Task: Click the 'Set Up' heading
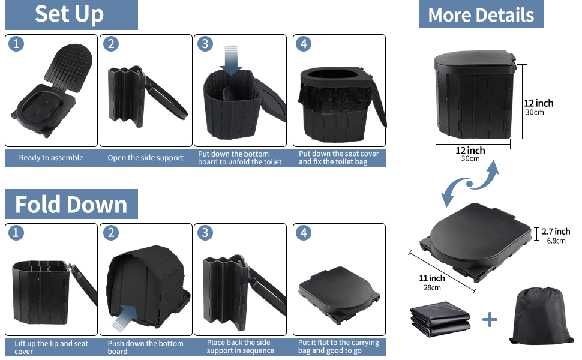point(69,14)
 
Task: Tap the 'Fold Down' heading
point(71,205)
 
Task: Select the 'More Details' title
point(481,15)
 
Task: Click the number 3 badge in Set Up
point(205,44)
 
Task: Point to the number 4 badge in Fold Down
point(304,233)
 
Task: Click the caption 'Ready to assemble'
point(51,158)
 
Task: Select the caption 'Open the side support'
point(146,158)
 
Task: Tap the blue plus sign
point(490,319)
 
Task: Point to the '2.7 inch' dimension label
point(556,232)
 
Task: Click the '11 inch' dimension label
point(432,278)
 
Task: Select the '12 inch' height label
point(538,103)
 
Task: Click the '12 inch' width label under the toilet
point(470,151)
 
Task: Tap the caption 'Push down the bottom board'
point(145,347)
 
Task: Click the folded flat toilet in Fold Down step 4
point(339,292)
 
